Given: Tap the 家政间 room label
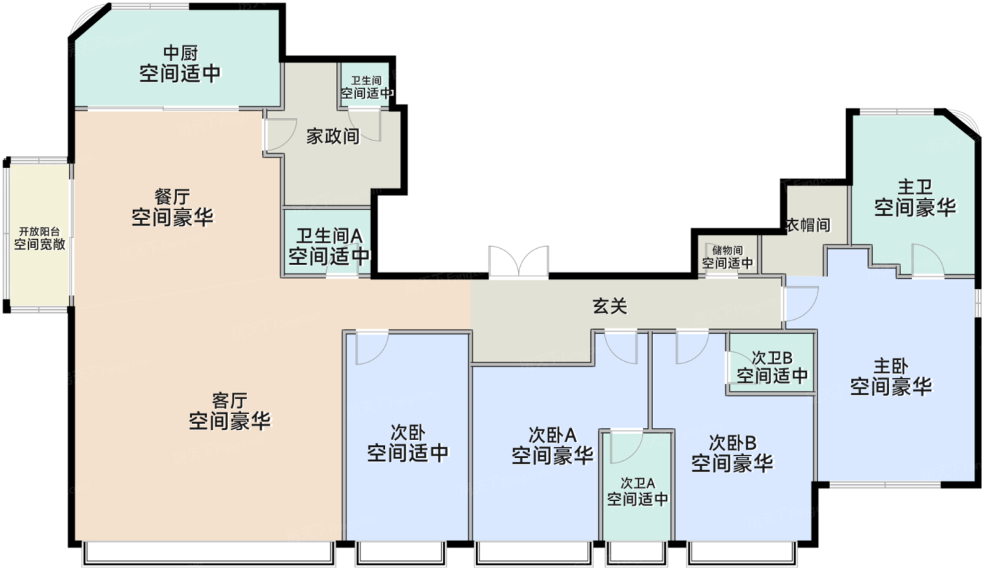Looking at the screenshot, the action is pyautogui.click(x=332, y=136).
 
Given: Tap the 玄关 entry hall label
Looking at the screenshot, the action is pyautogui.click(x=610, y=306).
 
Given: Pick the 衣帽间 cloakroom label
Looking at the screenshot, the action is pyautogui.click(x=808, y=226).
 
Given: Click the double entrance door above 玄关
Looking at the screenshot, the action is pyautogui.click(x=519, y=261).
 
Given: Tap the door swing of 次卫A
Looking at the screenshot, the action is pyautogui.click(x=627, y=447).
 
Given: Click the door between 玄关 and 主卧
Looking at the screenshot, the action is pyautogui.click(x=801, y=303).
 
